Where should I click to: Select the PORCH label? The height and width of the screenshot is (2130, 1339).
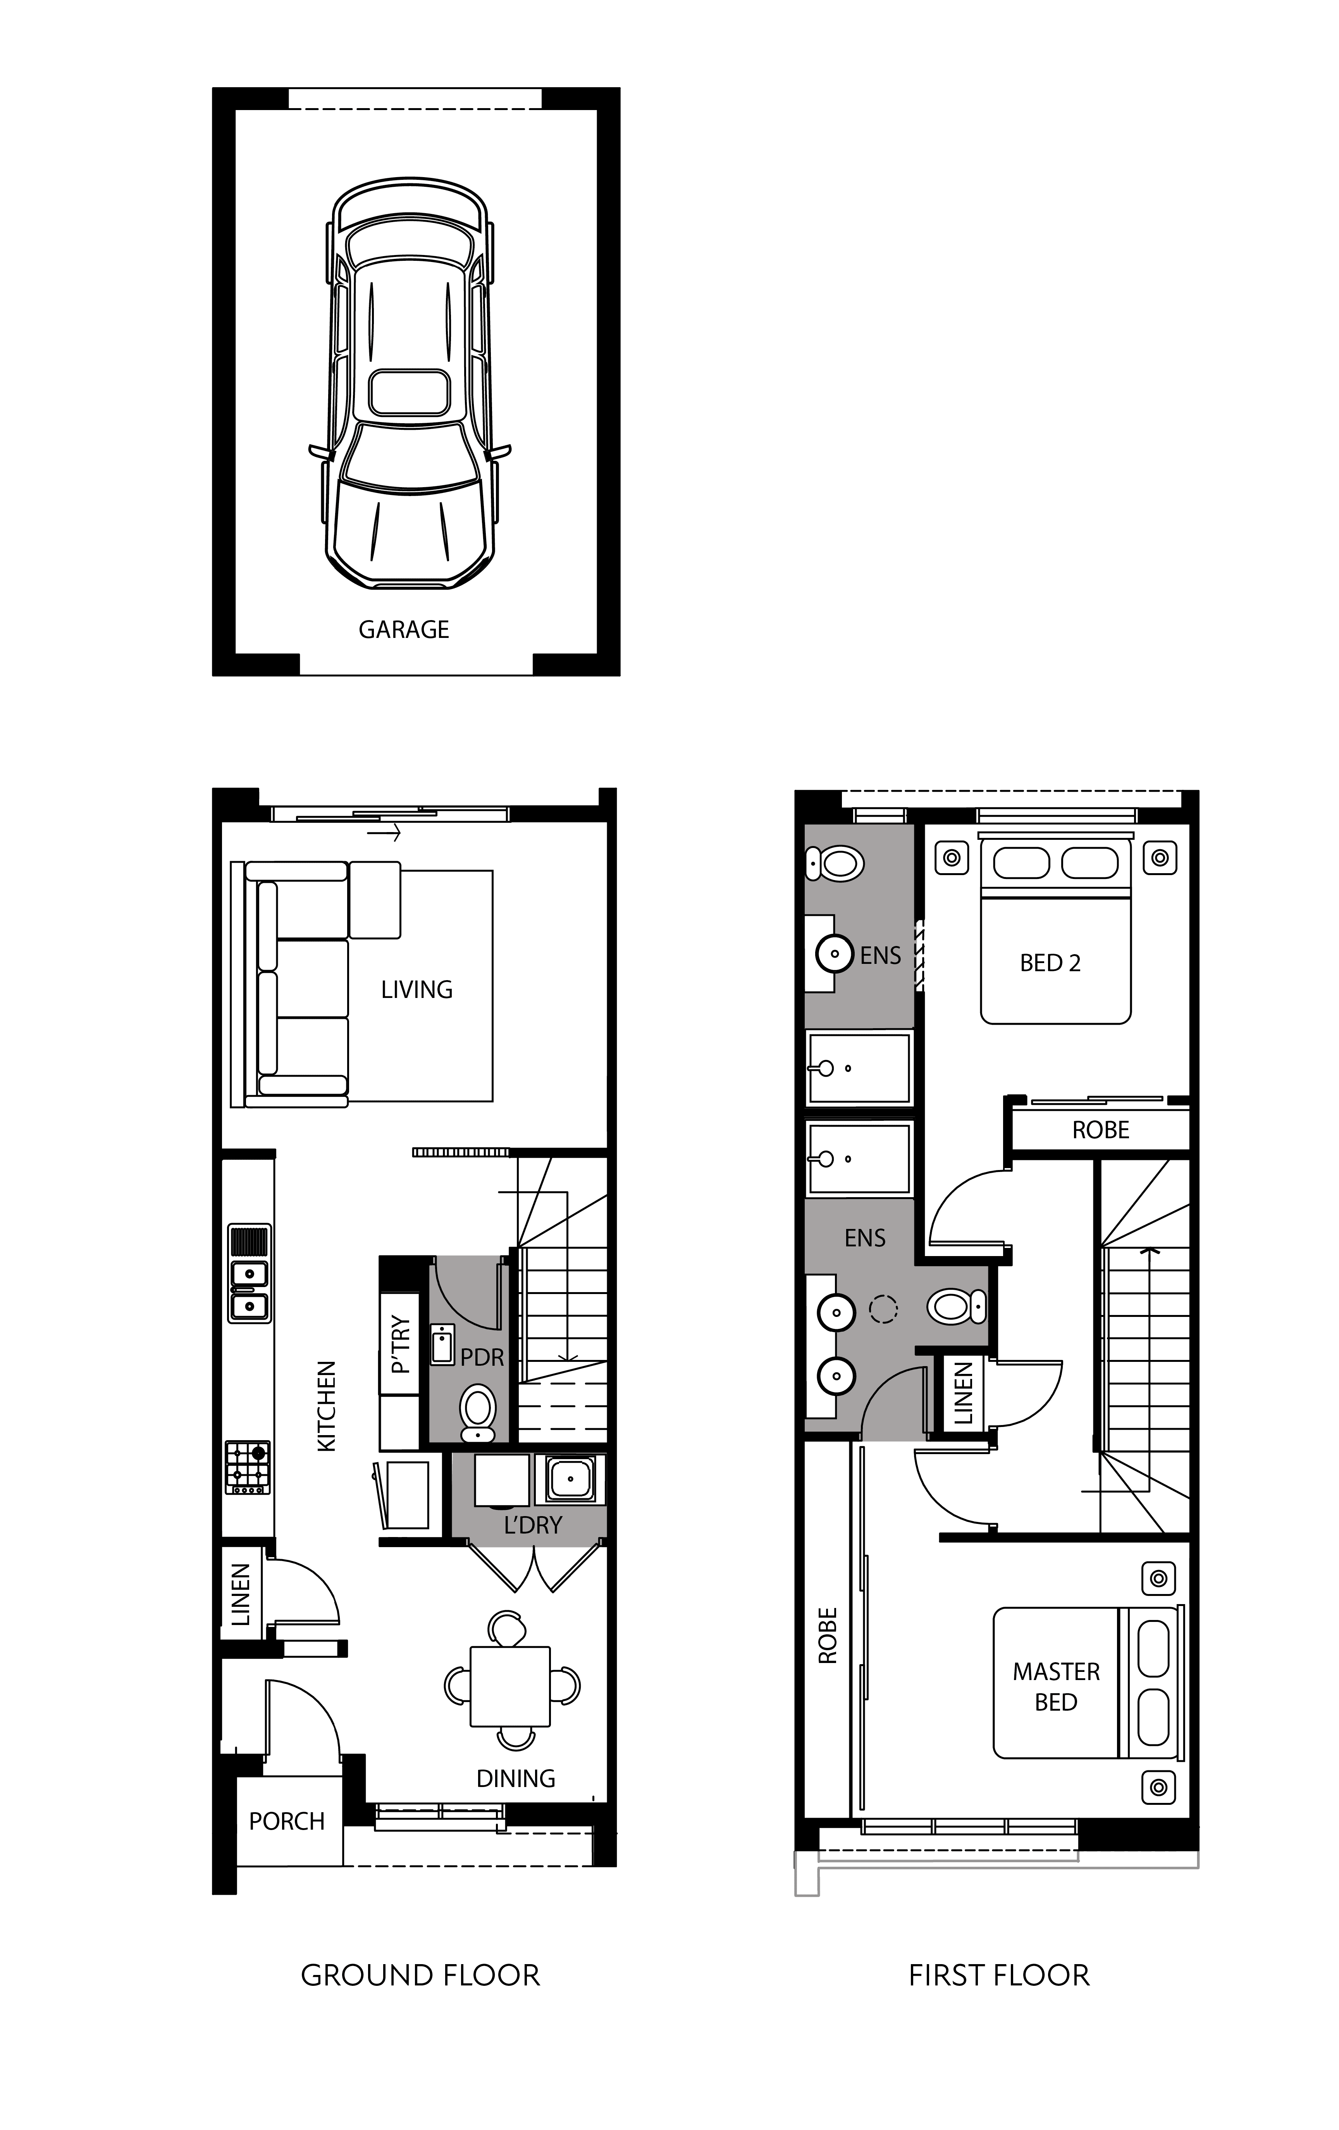coord(287,1821)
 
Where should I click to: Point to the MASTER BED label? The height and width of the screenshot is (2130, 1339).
coord(1056,1687)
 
